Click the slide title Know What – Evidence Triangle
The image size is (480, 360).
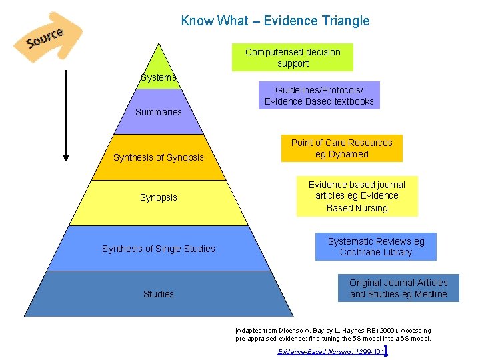coord(275,21)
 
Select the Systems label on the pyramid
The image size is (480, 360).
coord(159,77)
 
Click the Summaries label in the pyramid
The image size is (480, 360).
coord(159,112)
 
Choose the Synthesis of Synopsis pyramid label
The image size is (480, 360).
coord(159,157)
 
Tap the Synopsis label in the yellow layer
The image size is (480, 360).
coord(159,197)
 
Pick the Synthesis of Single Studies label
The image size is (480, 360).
coord(159,249)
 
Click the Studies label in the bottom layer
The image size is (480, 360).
coord(159,294)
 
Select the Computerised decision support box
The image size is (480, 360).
coord(293,57)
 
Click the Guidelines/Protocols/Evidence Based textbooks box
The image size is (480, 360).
coord(319,95)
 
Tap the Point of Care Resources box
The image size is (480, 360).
coord(342,148)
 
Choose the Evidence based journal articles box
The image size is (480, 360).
coord(357,196)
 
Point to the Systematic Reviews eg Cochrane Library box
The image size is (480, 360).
coord(376,247)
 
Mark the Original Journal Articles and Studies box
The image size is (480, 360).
coord(399,288)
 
